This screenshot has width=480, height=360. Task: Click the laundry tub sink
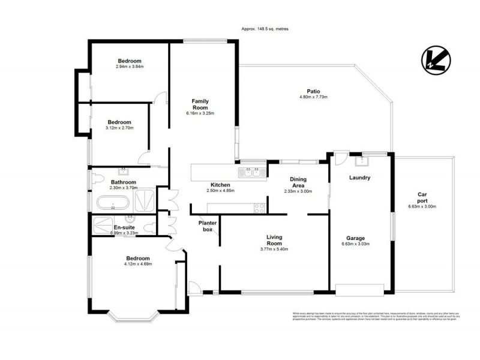pyautogui.click(x=362, y=160)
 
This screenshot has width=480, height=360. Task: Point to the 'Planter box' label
pyautogui.click(x=207, y=226)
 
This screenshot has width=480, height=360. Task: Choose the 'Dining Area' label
pyautogui.click(x=298, y=182)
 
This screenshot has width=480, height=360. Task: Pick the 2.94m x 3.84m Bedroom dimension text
pyautogui.click(x=130, y=67)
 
